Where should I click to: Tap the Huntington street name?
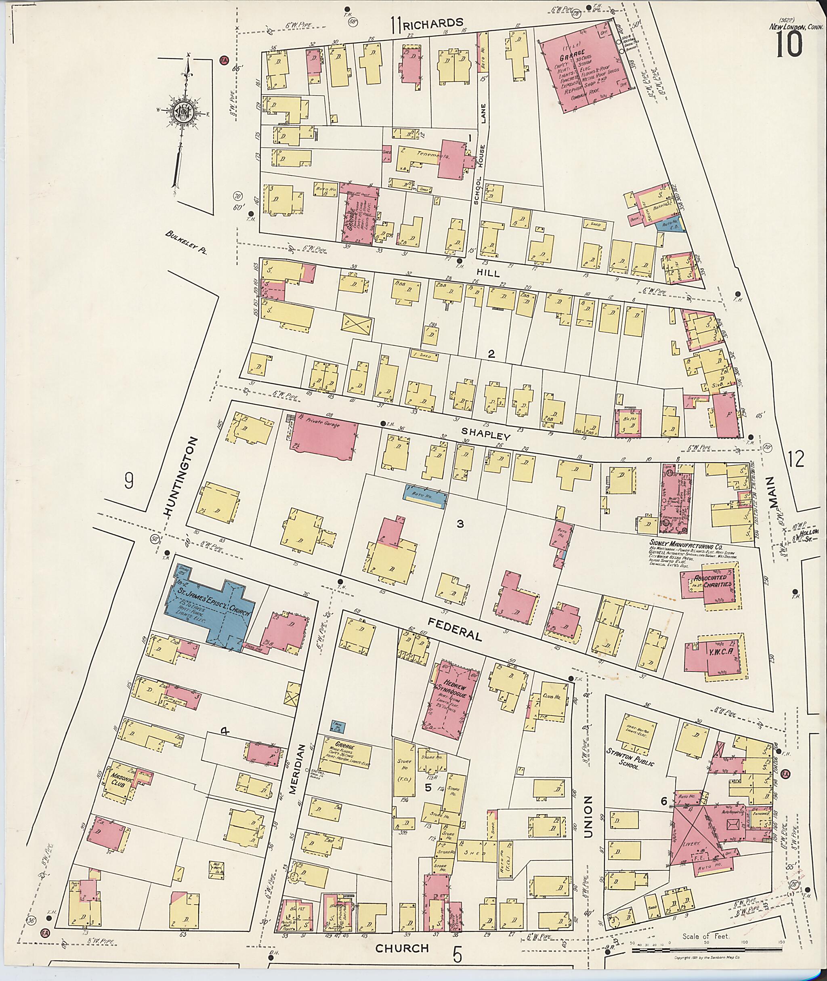coord(181,477)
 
